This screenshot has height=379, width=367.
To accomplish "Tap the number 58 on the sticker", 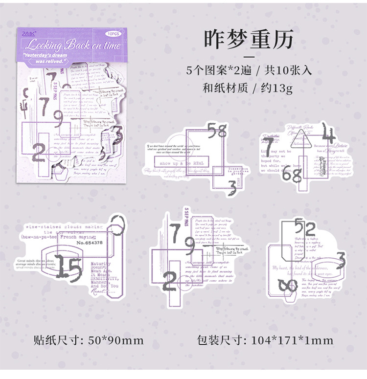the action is [x=217, y=131].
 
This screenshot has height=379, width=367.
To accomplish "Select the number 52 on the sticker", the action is [x=305, y=228].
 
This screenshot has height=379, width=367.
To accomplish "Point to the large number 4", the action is [x=329, y=134].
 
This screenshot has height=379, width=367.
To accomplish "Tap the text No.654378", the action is [x=90, y=242].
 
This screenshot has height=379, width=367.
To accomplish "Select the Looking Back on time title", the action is [x=71, y=46].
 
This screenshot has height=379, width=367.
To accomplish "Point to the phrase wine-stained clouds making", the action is [x=65, y=227].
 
